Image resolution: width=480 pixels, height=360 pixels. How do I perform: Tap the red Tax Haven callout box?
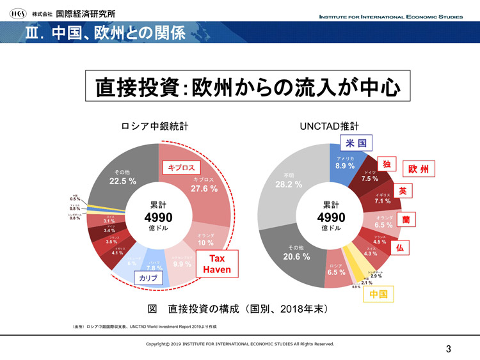pos(217,264)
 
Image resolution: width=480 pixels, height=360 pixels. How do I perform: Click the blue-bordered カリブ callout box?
pos(148,279)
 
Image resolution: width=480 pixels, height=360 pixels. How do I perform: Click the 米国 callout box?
pos(356,143)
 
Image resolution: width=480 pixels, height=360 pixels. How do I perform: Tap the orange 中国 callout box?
pos(378,294)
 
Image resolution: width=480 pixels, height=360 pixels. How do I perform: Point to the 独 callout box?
pos(387,164)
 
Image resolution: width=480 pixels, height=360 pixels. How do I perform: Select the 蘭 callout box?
pos(406,219)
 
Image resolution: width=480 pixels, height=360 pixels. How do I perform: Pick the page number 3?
pos(448,348)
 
